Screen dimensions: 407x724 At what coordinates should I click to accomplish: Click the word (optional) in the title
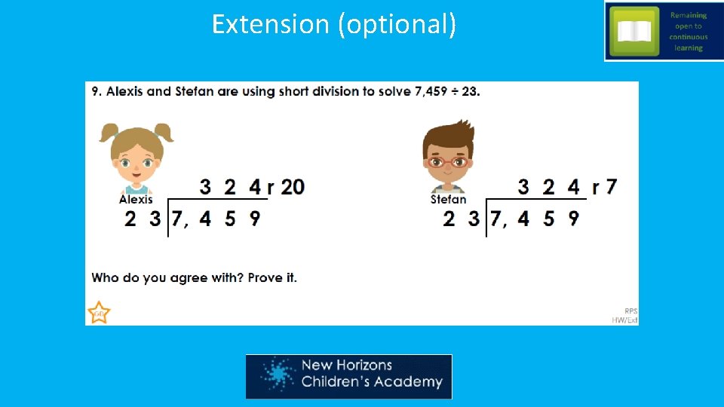point(397,24)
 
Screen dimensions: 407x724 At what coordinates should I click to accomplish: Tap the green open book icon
point(633,31)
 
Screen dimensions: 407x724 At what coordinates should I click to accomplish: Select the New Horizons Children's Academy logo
point(348,376)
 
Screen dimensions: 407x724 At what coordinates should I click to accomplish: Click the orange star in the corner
point(99,312)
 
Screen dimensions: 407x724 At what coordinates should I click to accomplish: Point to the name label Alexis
point(136,200)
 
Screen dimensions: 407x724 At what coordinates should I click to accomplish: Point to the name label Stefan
point(448,200)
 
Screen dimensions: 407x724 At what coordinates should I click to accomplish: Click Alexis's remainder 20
point(293,186)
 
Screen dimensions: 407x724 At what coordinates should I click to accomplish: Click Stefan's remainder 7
point(611,186)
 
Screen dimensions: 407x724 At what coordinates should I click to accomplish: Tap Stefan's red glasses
point(447,161)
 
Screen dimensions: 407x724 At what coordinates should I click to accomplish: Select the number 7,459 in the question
point(435,92)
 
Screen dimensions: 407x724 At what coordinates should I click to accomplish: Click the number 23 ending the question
point(468,92)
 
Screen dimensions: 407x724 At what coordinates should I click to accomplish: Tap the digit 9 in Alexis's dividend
point(255,219)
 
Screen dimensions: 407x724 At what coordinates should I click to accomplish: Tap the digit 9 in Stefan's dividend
point(573,219)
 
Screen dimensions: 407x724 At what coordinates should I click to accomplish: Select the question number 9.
point(97,92)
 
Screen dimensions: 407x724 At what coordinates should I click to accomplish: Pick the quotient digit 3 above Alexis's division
point(205,186)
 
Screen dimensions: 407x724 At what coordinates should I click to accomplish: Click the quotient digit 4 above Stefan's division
point(574,186)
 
